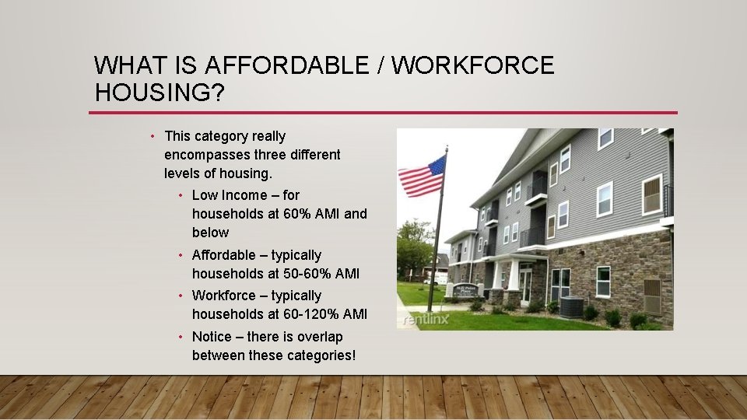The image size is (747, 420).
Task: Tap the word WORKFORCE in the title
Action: (472, 65)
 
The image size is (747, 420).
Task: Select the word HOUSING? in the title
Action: (160, 93)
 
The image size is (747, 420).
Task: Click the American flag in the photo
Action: (422, 177)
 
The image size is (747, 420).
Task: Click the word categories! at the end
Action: (316, 355)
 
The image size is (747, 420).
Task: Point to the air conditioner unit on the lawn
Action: (571, 308)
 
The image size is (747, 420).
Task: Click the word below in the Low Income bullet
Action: (210, 233)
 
